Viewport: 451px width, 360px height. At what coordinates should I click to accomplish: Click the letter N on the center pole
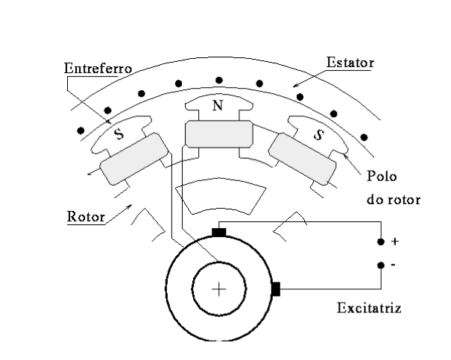tap(217, 106)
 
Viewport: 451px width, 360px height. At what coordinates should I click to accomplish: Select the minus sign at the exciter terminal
tap(394, 265)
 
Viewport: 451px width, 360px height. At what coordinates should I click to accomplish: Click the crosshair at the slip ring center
tap(218, 290)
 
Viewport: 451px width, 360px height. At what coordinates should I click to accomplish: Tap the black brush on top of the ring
tap(218, 232)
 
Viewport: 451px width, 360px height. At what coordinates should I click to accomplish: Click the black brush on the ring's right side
tap(275, 289)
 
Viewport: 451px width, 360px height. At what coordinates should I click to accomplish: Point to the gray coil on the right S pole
tap(303, 158)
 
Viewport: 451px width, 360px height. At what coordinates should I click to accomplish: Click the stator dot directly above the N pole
tap(218, 80)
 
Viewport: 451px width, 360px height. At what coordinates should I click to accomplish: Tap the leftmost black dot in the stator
tap(81, 130)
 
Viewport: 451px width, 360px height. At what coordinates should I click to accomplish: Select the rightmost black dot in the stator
tap(364, 136)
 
